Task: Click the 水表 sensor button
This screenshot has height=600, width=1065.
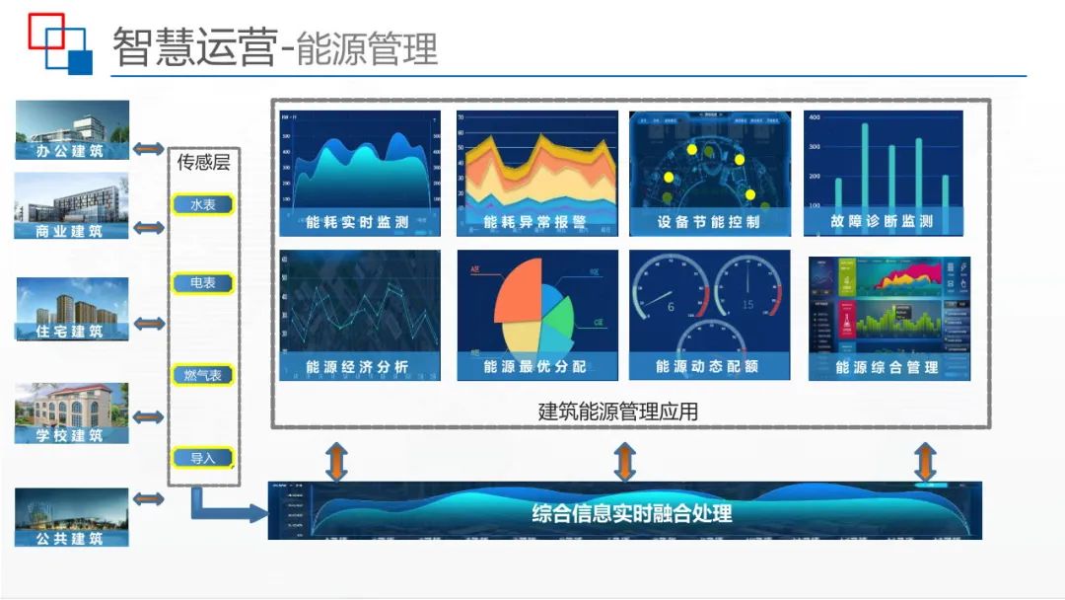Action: [x=202, y=204]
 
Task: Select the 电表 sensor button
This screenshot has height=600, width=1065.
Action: [x=202, y=283]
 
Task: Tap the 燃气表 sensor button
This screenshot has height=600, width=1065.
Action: [x=202, y=375]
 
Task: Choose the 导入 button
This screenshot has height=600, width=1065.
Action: [x=202, y=458]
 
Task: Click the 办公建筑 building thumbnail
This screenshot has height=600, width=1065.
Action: [x=72, y=129]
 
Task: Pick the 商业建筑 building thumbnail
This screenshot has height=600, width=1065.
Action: [x=72, y=206]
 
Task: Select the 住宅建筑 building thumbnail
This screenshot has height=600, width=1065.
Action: [x=72, y=309]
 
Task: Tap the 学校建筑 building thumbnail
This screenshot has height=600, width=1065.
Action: [x=72, y=412]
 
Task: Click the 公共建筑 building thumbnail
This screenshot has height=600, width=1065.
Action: [x=72, y=517]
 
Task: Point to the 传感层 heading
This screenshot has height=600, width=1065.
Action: [x=203, y=163]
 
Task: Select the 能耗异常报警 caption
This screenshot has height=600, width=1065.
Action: [x=535, y=222]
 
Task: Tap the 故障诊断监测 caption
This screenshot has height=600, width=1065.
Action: [x=883, y=221]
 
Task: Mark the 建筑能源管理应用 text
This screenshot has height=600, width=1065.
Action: [x=618, y=412]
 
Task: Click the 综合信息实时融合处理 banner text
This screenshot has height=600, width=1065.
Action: [x=632, y=513]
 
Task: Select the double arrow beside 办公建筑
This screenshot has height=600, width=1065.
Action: [x=149, y=149]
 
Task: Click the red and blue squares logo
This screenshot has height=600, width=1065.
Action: [x=60, y=44]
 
